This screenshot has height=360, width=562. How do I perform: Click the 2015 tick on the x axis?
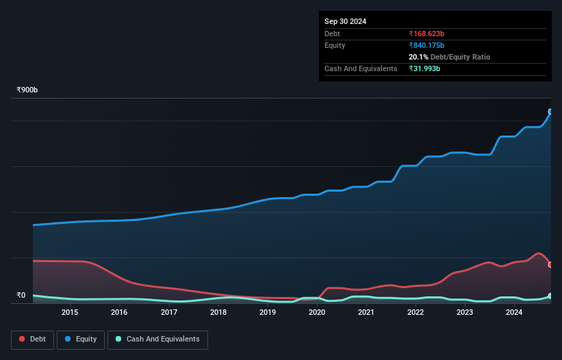pos(70,313)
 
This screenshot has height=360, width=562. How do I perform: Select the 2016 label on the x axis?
pos(119,313)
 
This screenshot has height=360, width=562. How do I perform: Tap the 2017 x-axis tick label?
pos(169,313)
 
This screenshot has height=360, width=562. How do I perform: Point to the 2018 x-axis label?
pos(218,313)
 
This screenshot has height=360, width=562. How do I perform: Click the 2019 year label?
pos(268,313)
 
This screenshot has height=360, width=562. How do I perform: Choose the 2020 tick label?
pos(317,313)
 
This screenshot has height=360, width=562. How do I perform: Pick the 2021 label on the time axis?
pos(366,313)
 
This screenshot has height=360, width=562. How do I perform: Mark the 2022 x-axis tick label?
pos(416,313)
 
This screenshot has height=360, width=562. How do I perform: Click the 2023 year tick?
pos(465,313)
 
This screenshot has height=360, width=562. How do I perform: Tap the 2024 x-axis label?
pos(514,313)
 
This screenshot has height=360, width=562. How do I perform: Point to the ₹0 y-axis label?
pos(21,296)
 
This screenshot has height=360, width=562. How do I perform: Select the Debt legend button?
pos(33,339)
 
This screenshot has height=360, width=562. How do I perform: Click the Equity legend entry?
pos(81,339)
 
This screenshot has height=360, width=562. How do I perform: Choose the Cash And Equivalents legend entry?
pos(157,339)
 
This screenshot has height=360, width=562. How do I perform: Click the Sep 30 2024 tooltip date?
pos(345,21)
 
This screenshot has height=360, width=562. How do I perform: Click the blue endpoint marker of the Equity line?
pos(550,111)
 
